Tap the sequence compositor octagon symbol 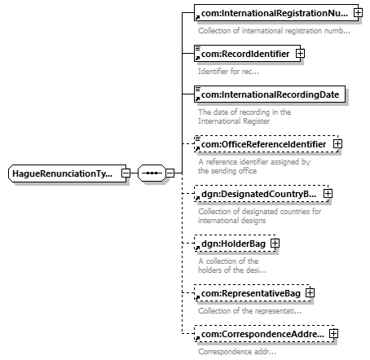point(152,173)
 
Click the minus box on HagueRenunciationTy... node point(126,173)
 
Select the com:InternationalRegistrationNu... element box point(276,12)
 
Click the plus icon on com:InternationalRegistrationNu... point(358,12)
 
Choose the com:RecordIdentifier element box point(247,54)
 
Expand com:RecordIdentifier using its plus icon point(300,54)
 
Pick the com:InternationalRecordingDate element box point(270,94)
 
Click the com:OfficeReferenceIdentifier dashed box point(266,144)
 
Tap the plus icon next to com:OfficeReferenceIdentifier point(337,144)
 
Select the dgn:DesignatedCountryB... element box point(262,194)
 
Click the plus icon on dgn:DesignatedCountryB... point(328,194)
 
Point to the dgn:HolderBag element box point(235,244)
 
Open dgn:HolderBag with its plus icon point(275,244)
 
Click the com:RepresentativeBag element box point(252,293)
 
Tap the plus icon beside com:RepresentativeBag point(310,293)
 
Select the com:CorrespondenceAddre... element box point(264,334)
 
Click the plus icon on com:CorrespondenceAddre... point(333,334)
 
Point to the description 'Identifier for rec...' point(228,72)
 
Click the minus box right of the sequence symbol point(170,173)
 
